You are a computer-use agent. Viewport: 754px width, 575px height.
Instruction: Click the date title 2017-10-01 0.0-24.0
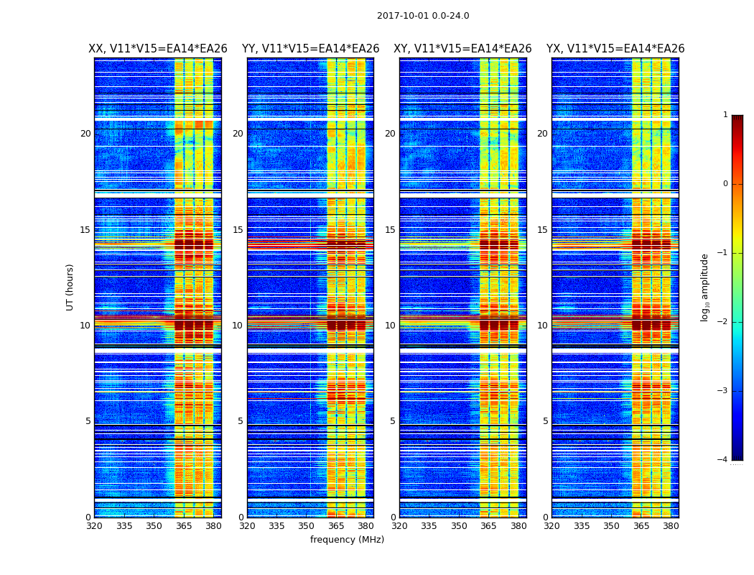(x=423, y=16)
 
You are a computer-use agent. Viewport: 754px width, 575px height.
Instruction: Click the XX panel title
(x=158, y=49)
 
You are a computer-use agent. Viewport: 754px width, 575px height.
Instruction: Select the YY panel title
(x=310, y=49)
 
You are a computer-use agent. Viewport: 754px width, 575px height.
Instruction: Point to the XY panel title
(x=462, y=49)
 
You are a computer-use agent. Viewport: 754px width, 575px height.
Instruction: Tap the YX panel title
(x=615, y=49)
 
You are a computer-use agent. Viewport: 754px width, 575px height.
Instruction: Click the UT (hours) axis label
(x=70, y=287)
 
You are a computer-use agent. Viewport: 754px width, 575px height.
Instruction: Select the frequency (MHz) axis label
(x=347, y=540)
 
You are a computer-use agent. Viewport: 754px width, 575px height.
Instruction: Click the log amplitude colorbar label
(x=705, y=287)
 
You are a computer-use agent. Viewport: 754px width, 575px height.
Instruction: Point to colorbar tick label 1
(x=725, y=115)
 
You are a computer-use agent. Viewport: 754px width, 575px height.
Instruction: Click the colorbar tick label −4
(x=723, y=460)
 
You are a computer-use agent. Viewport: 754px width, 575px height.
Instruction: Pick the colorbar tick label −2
(x=723, y=322)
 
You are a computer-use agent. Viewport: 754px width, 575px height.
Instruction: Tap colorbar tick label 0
(x=725, y=184)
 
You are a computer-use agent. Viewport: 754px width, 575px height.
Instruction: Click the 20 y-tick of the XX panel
(x=85, y=134)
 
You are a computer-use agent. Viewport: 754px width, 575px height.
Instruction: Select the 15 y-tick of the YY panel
(x=238, y=230)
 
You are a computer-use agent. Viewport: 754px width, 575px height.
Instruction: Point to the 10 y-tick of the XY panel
(x=390, y=326)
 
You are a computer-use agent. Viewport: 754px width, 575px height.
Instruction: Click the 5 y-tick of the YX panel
(x=545, y=421)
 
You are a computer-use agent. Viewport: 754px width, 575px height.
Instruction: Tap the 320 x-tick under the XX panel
(x=94, y=526)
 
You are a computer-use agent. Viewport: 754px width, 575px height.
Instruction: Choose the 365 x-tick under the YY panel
(x=336, y=526)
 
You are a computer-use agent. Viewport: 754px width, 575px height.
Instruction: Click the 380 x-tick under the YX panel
(x=671, y=526)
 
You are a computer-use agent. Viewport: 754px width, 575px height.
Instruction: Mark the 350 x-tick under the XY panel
(x=459, y=526)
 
